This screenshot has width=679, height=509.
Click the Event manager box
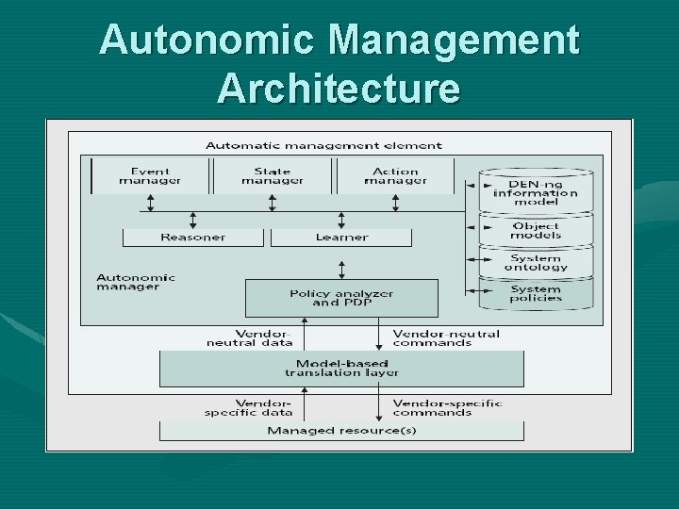(x=150, y=176)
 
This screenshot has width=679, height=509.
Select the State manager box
(x=273, y=176)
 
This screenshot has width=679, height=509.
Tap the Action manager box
(x=395, y=176)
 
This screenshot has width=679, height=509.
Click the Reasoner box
(x=192, y=238)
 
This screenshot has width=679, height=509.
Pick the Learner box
(x=340, y=238)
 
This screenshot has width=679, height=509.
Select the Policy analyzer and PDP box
(x=341, y=298)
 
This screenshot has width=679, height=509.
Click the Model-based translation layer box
(x=341, y=368)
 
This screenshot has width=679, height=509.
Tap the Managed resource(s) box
(x=341, y=431)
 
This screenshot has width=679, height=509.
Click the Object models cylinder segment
(x=536, y=231)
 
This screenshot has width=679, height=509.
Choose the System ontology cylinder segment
(x=536, y=263)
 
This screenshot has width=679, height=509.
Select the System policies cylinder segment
(x=536, y=293)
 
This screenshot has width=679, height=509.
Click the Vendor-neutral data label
(x=250, y=337)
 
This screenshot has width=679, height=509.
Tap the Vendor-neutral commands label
(x=445, y=337)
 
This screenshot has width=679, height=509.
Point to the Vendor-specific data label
(x=248, y=407)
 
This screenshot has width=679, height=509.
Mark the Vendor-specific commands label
(x=447, y=407)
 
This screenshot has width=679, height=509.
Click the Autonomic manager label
(x=136, y=282)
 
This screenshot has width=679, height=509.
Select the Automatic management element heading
(x=323, y=145)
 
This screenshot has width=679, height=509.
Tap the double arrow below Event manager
(x=150, y=203)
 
